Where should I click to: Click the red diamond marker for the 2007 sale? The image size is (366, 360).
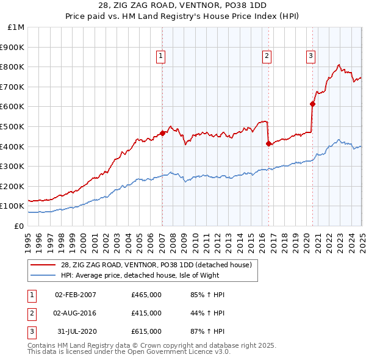(x=162, y=133)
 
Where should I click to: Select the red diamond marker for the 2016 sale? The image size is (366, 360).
(x=268, y=143)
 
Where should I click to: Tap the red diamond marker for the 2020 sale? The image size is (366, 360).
(x=313, y=104)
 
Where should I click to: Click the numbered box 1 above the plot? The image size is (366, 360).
(x=160, y=56)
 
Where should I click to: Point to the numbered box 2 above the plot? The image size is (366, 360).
(x=267, y=56)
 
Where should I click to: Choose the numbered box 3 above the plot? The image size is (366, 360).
(x=310, y=56)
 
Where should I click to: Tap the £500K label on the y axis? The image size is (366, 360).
(x=13, y=126)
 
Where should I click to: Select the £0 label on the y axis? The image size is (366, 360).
(x=19, y=226)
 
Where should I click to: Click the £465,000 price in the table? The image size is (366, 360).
(x=146, y=295)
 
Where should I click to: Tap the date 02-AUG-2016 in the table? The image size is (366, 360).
(x=76, y=313)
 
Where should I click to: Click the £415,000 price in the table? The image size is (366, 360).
(x=146, y=313)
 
